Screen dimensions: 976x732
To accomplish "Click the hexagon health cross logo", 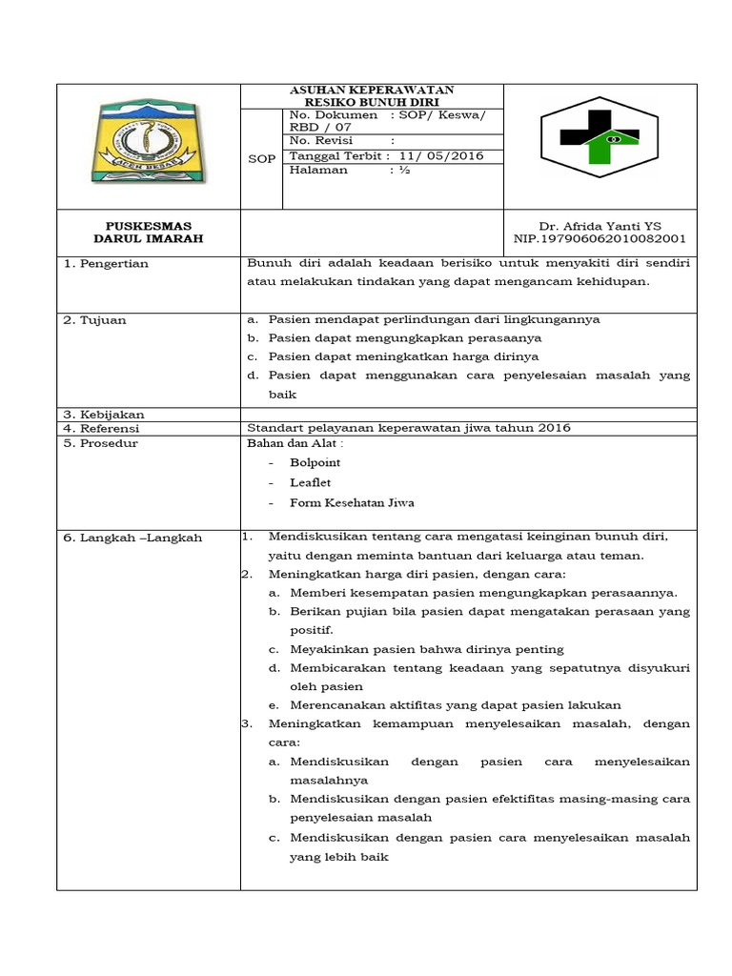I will [600, 143].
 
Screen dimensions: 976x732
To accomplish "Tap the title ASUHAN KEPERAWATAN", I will [372, 90].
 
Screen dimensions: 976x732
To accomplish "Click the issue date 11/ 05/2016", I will [441, 155].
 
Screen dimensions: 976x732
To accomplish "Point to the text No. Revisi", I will [321, 140].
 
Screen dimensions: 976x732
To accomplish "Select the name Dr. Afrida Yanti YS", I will [600, 226].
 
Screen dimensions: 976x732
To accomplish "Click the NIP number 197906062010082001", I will [600, 239].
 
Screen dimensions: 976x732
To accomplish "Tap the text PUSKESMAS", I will [148, 226].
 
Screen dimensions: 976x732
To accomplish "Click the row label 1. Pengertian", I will [106, 264].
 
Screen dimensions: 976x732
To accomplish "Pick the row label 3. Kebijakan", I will [104, 415].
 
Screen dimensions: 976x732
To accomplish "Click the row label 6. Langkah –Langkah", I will [132, 538].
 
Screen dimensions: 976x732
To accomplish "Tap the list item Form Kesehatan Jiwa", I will [352, 502].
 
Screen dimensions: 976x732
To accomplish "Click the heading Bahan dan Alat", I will [295, 442].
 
